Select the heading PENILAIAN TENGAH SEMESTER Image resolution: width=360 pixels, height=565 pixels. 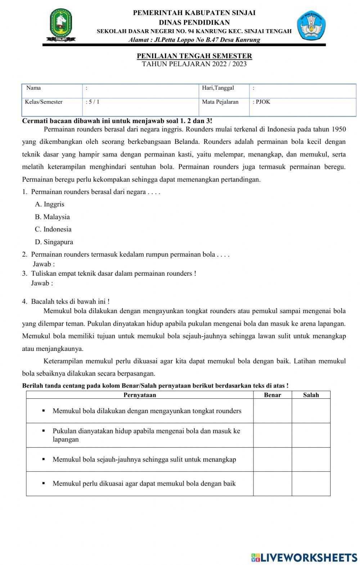pos(194,56)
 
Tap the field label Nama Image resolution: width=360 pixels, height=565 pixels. pos(33,88)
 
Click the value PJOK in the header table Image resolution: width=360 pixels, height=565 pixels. pos(263,102)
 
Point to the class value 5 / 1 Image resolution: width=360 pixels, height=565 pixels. pos(93,102)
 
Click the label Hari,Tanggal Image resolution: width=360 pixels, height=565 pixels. pos(218,88)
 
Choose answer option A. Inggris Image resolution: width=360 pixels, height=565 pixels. pos(50,204)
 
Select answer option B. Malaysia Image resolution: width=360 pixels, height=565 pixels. pos(52,217)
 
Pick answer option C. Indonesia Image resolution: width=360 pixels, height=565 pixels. pos(53,230)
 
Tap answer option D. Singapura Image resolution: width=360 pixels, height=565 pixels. pos(54,242)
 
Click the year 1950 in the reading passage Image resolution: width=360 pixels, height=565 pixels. pos(339,129)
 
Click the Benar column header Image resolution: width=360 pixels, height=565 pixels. pos(272,395)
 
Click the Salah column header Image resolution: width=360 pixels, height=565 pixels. pos(311,395)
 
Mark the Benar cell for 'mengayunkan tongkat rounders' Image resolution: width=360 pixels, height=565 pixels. pos(272,411)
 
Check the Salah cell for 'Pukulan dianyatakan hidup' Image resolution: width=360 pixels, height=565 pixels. pos(311,435)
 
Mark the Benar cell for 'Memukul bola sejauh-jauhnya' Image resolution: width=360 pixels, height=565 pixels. pos(272,460)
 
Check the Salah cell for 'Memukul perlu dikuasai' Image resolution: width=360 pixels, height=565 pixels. pos(311,484)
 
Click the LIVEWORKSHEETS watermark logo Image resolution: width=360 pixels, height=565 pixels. pos(304,557)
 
